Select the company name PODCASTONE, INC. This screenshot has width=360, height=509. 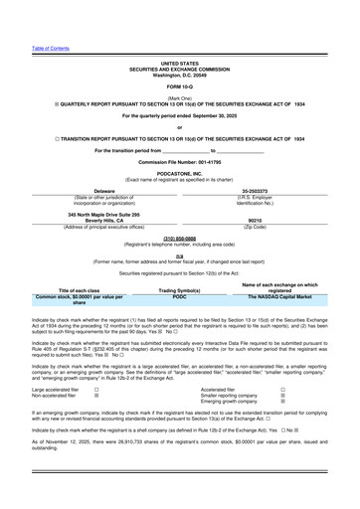(x=179, y=171)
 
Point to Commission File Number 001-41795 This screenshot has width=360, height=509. (x=179, y=161)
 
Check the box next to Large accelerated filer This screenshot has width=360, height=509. (x=95, y=391)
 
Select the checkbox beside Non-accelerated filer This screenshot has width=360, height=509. (x=95, y=397)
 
